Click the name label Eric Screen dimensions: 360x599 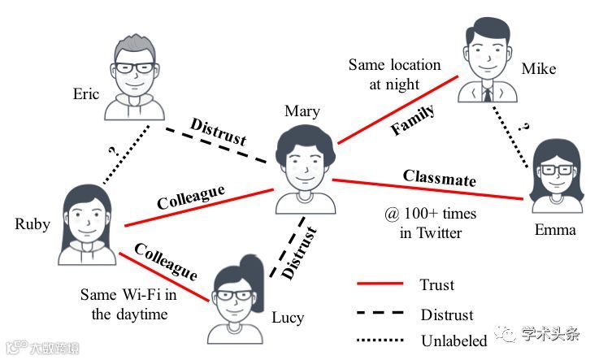pos(85,93)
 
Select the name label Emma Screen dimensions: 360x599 pos(555,230)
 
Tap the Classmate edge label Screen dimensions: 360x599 pos(439,178)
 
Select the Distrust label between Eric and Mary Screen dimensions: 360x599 pos(218,132)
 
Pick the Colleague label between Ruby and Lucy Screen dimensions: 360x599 pos(167,260)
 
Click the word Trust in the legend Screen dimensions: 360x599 pos(437,284)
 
